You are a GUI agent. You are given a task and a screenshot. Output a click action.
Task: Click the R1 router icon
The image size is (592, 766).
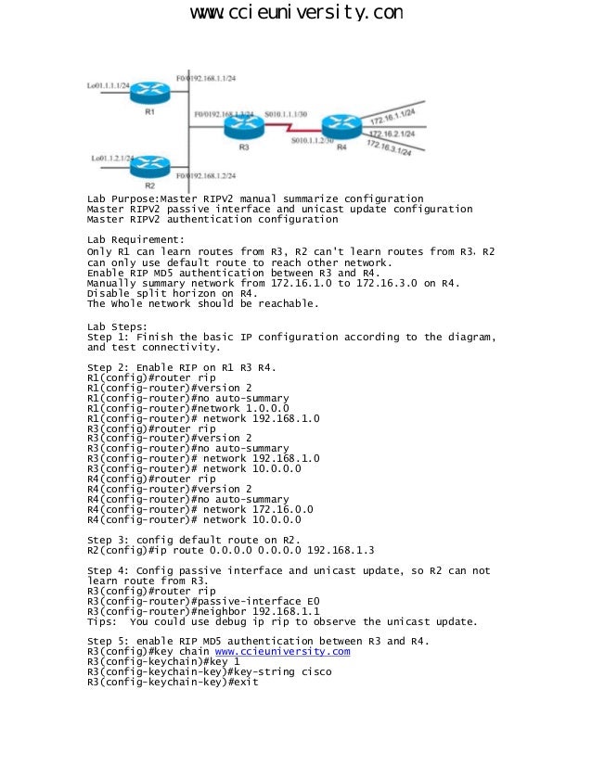[x=147, y=92]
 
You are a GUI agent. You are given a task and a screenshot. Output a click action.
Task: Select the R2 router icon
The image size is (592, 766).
[x=148, y=166]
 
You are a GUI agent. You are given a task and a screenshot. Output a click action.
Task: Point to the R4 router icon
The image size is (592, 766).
[x=340, y=125]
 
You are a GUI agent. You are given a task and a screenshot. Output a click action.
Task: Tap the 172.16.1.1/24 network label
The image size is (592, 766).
[x=393, y=115]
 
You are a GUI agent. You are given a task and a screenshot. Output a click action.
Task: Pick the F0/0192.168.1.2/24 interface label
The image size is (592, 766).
[x=206, y=175]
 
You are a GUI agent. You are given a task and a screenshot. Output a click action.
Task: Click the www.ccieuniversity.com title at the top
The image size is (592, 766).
[x=296, y=13]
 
